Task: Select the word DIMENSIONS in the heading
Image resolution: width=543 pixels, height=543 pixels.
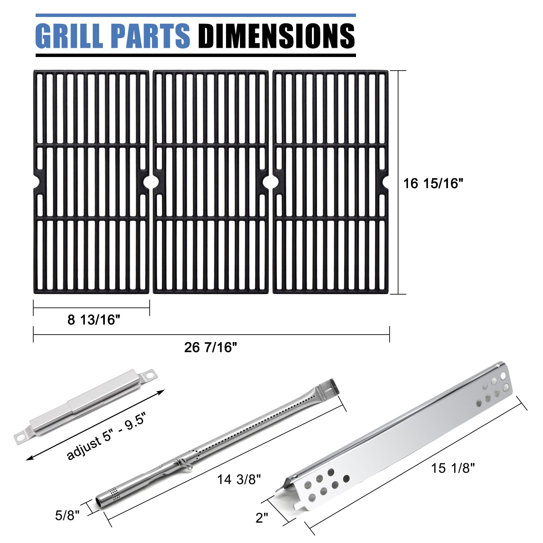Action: pyautogui.click(x=276, y=36)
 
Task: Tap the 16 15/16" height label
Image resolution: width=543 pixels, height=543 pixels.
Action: pyautogui.click(x=433, y=184)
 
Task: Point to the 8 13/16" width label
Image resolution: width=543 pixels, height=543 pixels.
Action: pyautogui.click(x=94, y=320)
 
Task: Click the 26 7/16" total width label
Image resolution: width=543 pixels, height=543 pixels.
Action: pyautogui.click(x=210, y=347)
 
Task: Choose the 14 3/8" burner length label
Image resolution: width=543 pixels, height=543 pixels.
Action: pyautogui.click(x=239, y=479)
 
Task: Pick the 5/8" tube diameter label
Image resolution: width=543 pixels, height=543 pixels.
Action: pyautogui.click(x=67, y=516)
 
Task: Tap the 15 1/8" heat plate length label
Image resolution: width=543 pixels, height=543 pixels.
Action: pyautogui.click(x=453, y=468)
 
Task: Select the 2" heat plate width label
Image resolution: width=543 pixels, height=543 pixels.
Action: pyautogui.click(x=262, y=518)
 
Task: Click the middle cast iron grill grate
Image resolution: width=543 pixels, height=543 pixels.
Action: pyautogui.click(x=210, y=182)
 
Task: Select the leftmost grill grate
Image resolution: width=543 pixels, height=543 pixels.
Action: pyautogui.click(x=91, y=182)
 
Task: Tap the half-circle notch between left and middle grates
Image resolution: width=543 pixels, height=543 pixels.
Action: pyautogui.click(x=151, y=182)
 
